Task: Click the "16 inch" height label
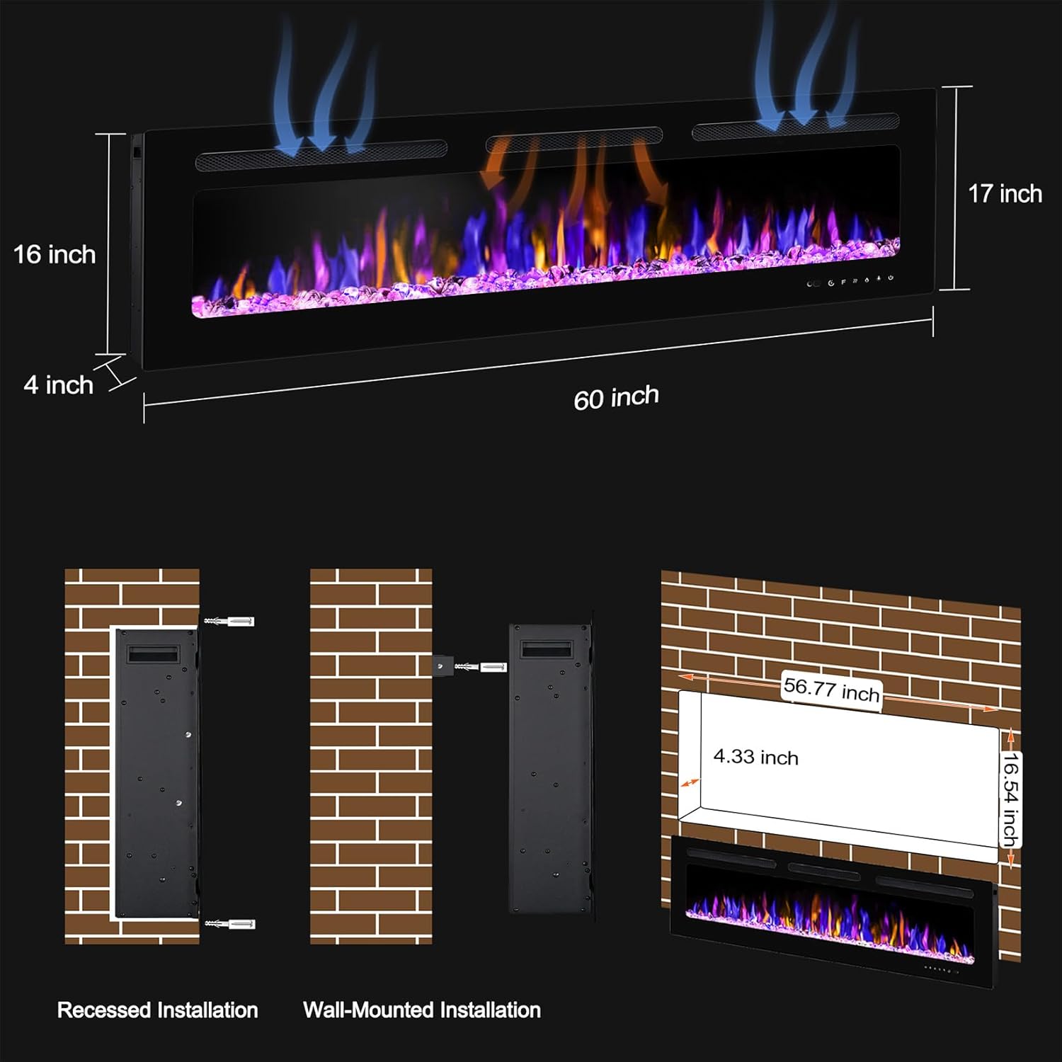tap(55, 255)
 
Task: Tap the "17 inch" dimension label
tap(1005, 194)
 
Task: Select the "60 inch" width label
tap(616, 397)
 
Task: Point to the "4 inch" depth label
tap(59, 385)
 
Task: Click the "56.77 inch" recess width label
tap(831, 689)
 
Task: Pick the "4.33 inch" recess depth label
tap(755, 757)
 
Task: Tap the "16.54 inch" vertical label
tap(1010, 799)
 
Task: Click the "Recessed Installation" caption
tap(157, 1010)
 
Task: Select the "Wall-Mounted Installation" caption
tap(422, 1010)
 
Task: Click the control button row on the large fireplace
tap(850, 281)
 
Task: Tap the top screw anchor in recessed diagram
tap(229, 622)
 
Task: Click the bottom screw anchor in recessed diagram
tap(229, 924)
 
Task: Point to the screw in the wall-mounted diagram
tap(481, 667)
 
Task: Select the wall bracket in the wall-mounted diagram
tap(442, 666)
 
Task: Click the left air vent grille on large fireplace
tap(321, 156)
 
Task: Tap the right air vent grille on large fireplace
tap(796, 126)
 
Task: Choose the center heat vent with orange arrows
tap(574, 139)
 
